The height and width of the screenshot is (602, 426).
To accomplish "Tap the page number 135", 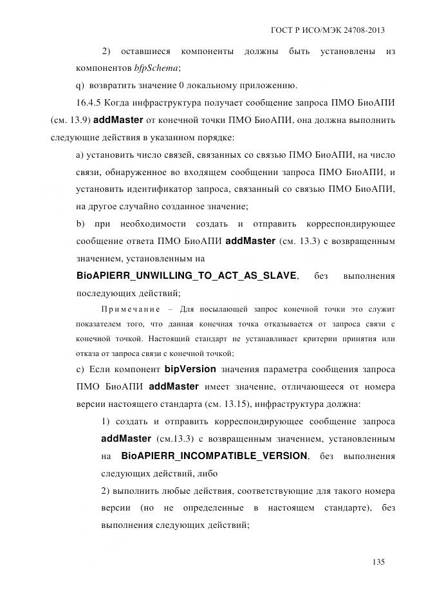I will click(x=378, y=561).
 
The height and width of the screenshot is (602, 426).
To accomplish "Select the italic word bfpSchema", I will click(x=157, y=68).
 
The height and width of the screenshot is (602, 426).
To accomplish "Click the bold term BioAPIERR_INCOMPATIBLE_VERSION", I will click(x=214, y=455).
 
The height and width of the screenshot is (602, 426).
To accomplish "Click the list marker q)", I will click(x=80, y=85).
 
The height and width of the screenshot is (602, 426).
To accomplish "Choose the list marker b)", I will click(x=80, y=223).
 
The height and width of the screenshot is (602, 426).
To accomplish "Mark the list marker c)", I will click(x=80, y=370).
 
